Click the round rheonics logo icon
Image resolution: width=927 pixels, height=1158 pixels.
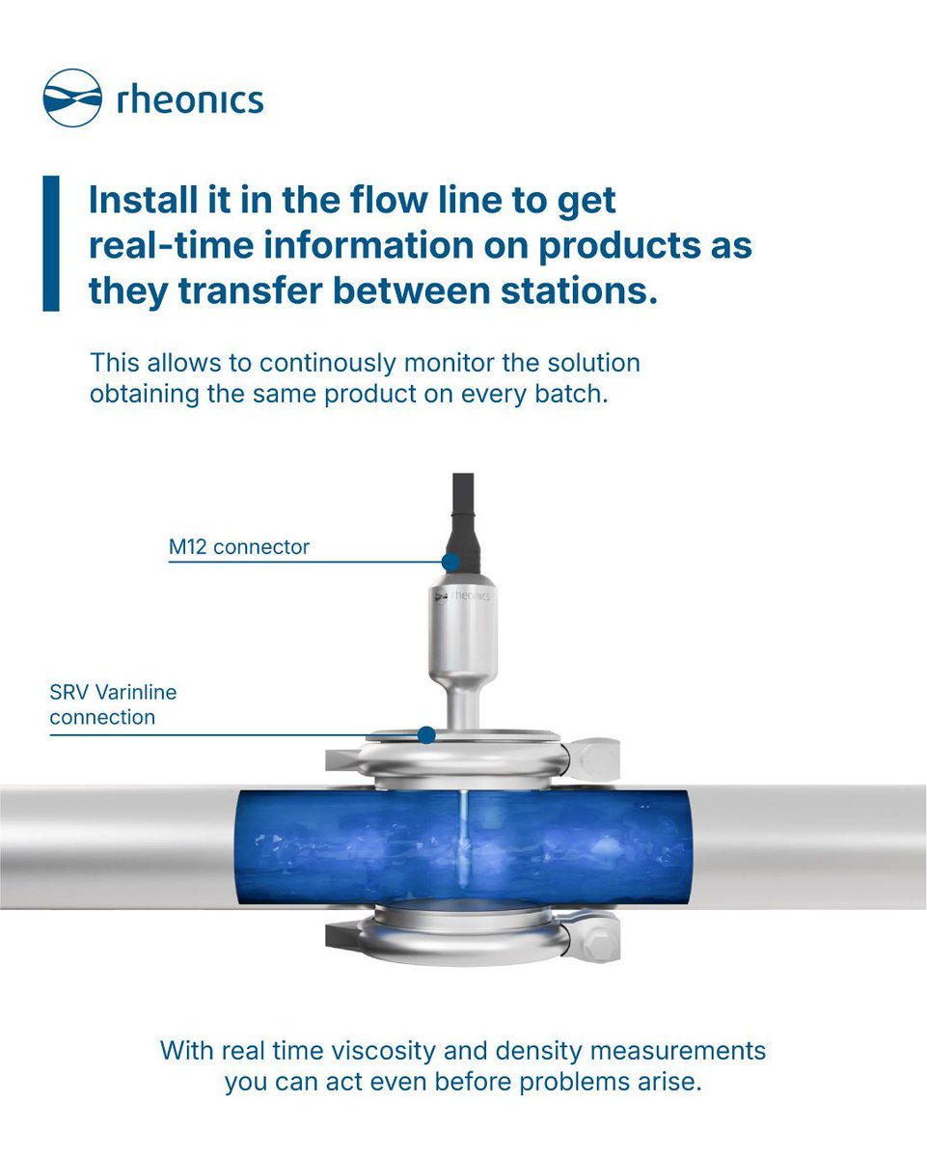coord(72,97)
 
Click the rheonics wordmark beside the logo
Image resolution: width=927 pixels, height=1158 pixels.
coord(189,98)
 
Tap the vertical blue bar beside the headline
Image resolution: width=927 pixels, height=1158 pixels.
coord(50,243)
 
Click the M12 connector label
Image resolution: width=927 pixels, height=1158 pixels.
coord(238,547)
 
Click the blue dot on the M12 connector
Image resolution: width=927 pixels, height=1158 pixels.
coord(450,562)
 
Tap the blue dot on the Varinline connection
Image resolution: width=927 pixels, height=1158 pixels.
coord(426,735)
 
